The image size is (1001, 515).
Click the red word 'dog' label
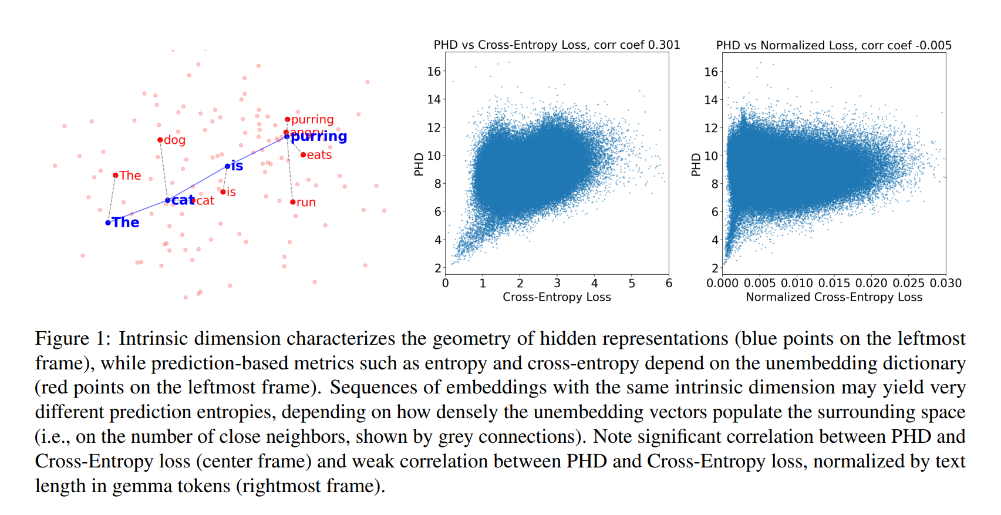coord(175,140)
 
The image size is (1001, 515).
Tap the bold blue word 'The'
coord(126,223)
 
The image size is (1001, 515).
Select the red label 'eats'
coord(319,155)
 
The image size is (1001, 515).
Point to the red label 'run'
coord(306,203)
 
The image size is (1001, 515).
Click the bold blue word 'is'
coord(237,166)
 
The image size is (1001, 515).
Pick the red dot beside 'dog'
coord(160,140)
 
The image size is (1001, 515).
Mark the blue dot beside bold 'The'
coord(108,223)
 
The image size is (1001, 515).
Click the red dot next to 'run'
coord(293,202)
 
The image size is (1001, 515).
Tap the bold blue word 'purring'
coord(319,137)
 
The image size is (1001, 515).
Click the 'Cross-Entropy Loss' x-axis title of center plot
coord(557,297)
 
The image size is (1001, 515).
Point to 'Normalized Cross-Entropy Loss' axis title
coord(834,297)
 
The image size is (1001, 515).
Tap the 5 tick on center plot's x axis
coord(632,284)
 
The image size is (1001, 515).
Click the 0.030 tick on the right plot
coord(945,284)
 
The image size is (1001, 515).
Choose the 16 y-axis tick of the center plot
coord(434,72)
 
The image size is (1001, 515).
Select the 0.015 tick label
coord(834,284)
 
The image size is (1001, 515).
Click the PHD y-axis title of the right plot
coord(696,164)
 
